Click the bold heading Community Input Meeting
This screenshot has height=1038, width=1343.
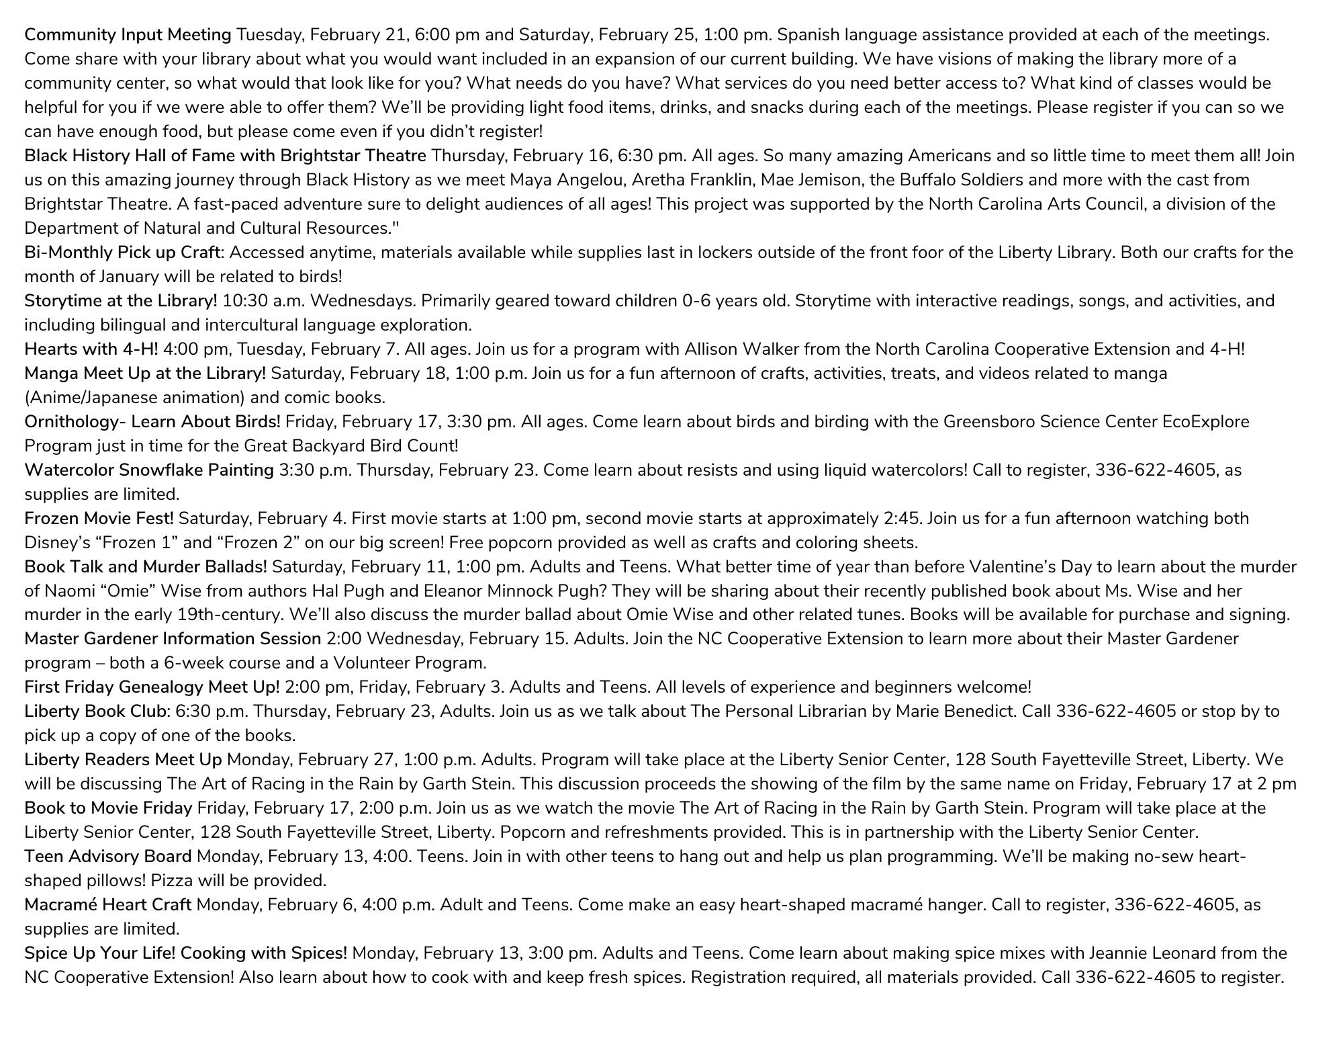click(x=128, y=35)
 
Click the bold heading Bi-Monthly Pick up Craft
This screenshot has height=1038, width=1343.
click(x=122, y=253)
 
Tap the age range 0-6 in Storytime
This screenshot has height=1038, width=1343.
click(x=696, y=301)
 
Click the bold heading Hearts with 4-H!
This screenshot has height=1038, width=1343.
click(x=91, y=349)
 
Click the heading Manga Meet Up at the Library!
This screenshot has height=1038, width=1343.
click(x=145, y=374)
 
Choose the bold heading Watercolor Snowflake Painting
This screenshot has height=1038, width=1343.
click(x=149, y=470)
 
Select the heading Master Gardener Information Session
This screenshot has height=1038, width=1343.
click(x=173, y=639)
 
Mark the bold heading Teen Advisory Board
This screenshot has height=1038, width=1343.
click(x=108, y=857)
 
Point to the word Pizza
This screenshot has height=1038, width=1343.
click(x=173, y=881)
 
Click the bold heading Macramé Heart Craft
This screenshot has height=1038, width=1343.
click(x=108, y=905)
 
